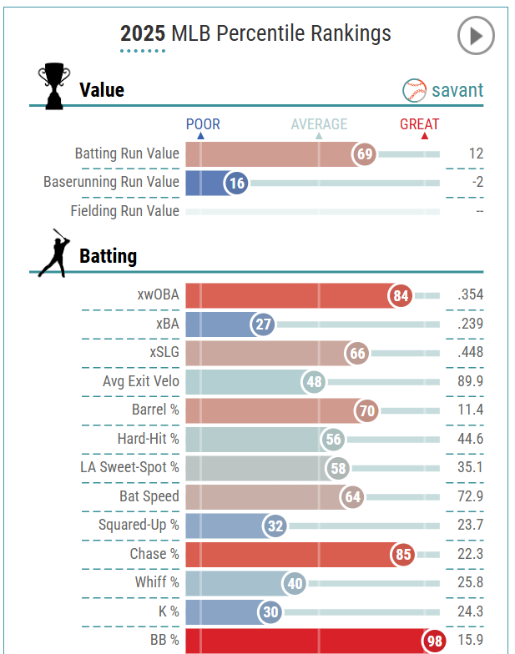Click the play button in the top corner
coord(476,36)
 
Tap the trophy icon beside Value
coord(54,85)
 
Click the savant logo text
coord(457,89)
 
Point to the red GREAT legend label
coord(419,124)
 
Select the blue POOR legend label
coord(203,124)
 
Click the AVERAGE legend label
coord(319,124)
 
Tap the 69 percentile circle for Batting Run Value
coord(365,154)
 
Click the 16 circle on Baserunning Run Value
coord(237,183)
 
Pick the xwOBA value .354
coord(470,295)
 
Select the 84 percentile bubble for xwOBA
coord(401,295)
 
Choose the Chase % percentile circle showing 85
coord(402,554)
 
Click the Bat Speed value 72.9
coord(469,496)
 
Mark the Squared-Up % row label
coord(139,526)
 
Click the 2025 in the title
coord(143,33)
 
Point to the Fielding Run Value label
coord(124,211)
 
